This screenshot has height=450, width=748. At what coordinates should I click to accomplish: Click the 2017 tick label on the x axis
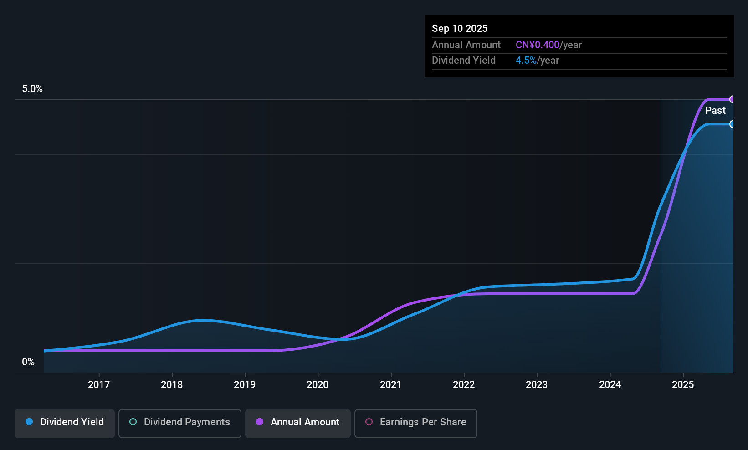(99, 384)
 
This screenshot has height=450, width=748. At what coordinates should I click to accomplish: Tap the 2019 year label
(245, 384)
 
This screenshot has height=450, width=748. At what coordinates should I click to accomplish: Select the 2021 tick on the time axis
(391, 384)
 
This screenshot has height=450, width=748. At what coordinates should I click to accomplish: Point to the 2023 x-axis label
(537, 384)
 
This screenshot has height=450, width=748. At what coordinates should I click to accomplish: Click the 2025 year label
(683, 384)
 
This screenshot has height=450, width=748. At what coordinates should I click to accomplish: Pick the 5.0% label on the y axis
(32, 89)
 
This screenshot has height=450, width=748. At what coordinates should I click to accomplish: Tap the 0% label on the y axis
(28, 362)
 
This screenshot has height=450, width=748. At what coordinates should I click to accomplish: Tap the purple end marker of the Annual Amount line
(733, 99)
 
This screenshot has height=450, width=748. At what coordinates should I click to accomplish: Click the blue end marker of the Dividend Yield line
(732, 124)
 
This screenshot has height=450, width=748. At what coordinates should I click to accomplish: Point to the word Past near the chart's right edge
(715, 111)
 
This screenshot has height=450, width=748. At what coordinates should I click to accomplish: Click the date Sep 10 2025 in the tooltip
(460, 28)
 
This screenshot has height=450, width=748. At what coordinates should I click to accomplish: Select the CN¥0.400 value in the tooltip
(537, 45)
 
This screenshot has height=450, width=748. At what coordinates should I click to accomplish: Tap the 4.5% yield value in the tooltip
(526, 61)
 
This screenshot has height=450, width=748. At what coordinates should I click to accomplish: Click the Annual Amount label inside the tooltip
(466, 45)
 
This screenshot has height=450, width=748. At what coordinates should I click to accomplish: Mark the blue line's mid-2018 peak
(202, 320)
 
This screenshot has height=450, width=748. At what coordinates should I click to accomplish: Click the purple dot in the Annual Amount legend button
(260, 422)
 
